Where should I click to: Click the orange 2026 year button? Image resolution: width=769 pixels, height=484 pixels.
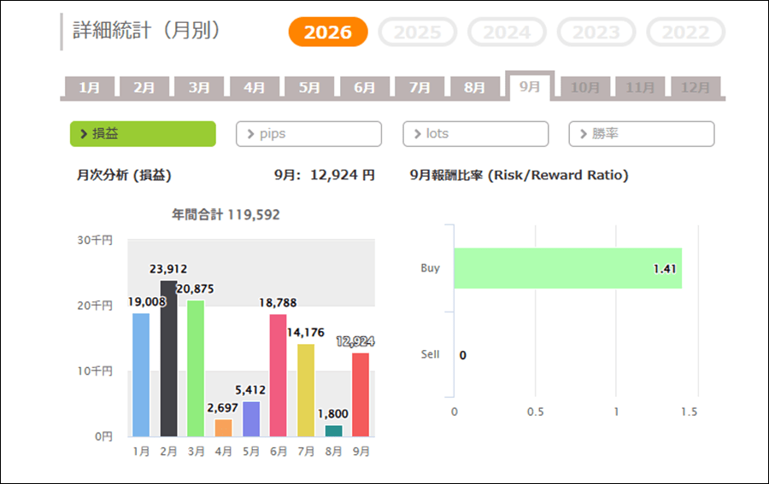[x=328, y=32]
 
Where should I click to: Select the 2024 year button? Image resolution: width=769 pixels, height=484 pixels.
[x=507, y=32]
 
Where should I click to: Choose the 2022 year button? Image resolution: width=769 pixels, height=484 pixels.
[x=686, y=32]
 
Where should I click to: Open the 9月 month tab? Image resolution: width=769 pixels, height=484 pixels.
[x=530, y=86]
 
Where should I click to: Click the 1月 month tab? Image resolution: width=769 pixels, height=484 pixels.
[x=89, y=87]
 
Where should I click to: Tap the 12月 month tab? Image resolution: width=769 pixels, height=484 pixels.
[x=696, y=87]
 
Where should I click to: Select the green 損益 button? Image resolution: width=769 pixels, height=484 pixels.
[x=143, y=134]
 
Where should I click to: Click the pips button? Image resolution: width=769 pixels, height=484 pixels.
[x=308, y=134]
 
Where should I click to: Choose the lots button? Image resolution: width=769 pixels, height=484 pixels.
[x=475, y=134]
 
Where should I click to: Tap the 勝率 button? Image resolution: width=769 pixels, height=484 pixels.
[x=642, y=134]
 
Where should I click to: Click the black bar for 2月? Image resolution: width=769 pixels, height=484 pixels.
[x=168, y=359]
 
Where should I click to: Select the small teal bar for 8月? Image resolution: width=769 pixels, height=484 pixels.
[x=333, y=430]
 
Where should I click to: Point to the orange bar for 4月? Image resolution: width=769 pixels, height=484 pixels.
[x=224, y=428]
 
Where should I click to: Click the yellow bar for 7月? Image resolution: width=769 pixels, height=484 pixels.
[x=306, y=390]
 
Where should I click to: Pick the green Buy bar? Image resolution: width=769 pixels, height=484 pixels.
[x=568, y=268]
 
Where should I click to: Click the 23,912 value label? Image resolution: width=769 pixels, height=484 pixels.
[x=168, y=269]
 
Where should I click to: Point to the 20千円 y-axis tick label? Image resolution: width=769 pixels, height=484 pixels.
[x=95, y=306]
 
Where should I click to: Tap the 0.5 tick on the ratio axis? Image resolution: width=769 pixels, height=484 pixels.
[x=535, y=411]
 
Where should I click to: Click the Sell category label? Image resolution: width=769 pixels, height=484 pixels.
[x=430, y=354]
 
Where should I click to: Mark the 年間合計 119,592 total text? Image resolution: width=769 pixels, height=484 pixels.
[x=226, y=214]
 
